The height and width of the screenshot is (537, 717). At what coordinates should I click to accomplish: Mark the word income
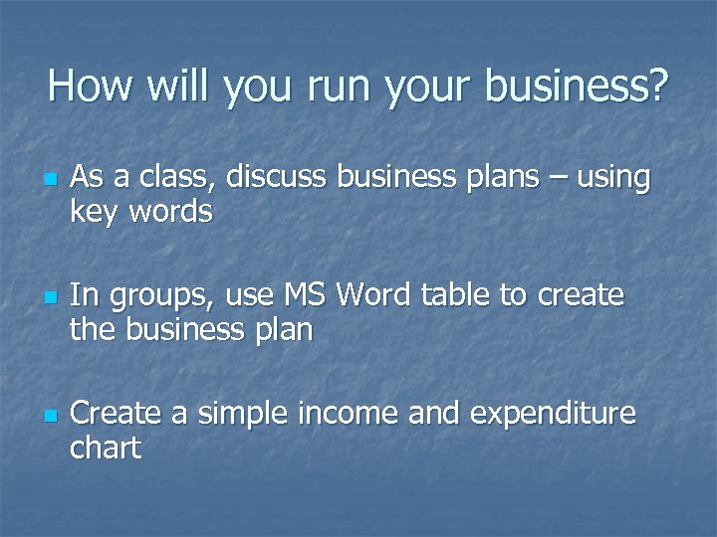(x=352, y=412)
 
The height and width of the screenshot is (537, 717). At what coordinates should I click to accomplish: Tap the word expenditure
(x=553, y=414)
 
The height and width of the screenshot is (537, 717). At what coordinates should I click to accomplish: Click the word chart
(x=106, y=447)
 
